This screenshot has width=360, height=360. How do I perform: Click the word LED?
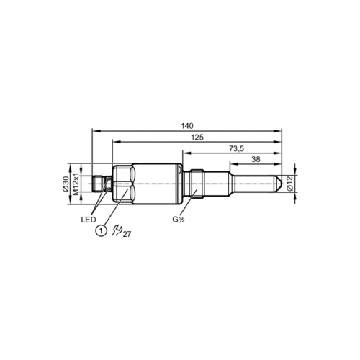tap(89, 219)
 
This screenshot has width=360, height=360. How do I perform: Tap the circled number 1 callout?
tap(102, 230)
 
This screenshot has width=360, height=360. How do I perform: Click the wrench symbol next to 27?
tap(117, 230)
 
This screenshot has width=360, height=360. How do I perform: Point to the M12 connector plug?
tap(100, 186)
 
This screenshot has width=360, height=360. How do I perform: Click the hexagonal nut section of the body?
tap(122, 186)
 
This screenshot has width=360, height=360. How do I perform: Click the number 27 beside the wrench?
tap(127, 233)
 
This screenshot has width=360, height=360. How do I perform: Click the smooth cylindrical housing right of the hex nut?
tap(155, 186)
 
